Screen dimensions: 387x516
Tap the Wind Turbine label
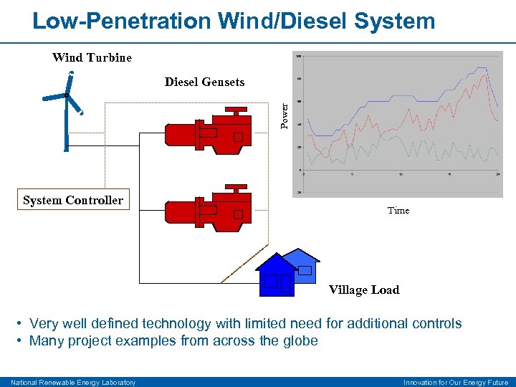pyautogui.click(x=92, y=57)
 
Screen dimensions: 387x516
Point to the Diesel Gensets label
pyautogui.click(x=204, y=82)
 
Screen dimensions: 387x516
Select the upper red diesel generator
pyautogui.click(x=208, y=132)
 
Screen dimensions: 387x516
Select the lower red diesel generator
pyautogui.click(x=208, y=209)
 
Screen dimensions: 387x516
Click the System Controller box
pyautogui.click(x=73, y=201)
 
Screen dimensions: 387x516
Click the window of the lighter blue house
pyautogui.click(x=305, y=270)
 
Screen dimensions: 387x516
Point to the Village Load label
pyautogui.click(x=363, y=290)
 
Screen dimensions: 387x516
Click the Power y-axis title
pyautogui.click(x=285, y=115)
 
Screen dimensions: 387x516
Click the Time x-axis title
pyautogui.click(x=398, y=210)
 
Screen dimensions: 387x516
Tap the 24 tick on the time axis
pyautogui.click(x=497, y=174)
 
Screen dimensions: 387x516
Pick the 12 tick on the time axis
pyautogui.click(x=401, y=174)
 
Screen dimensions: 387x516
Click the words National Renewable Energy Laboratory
pyautogui.click(x=73, y=382)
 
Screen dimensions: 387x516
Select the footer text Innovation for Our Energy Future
pyautogui.click(x=455, y=382)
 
